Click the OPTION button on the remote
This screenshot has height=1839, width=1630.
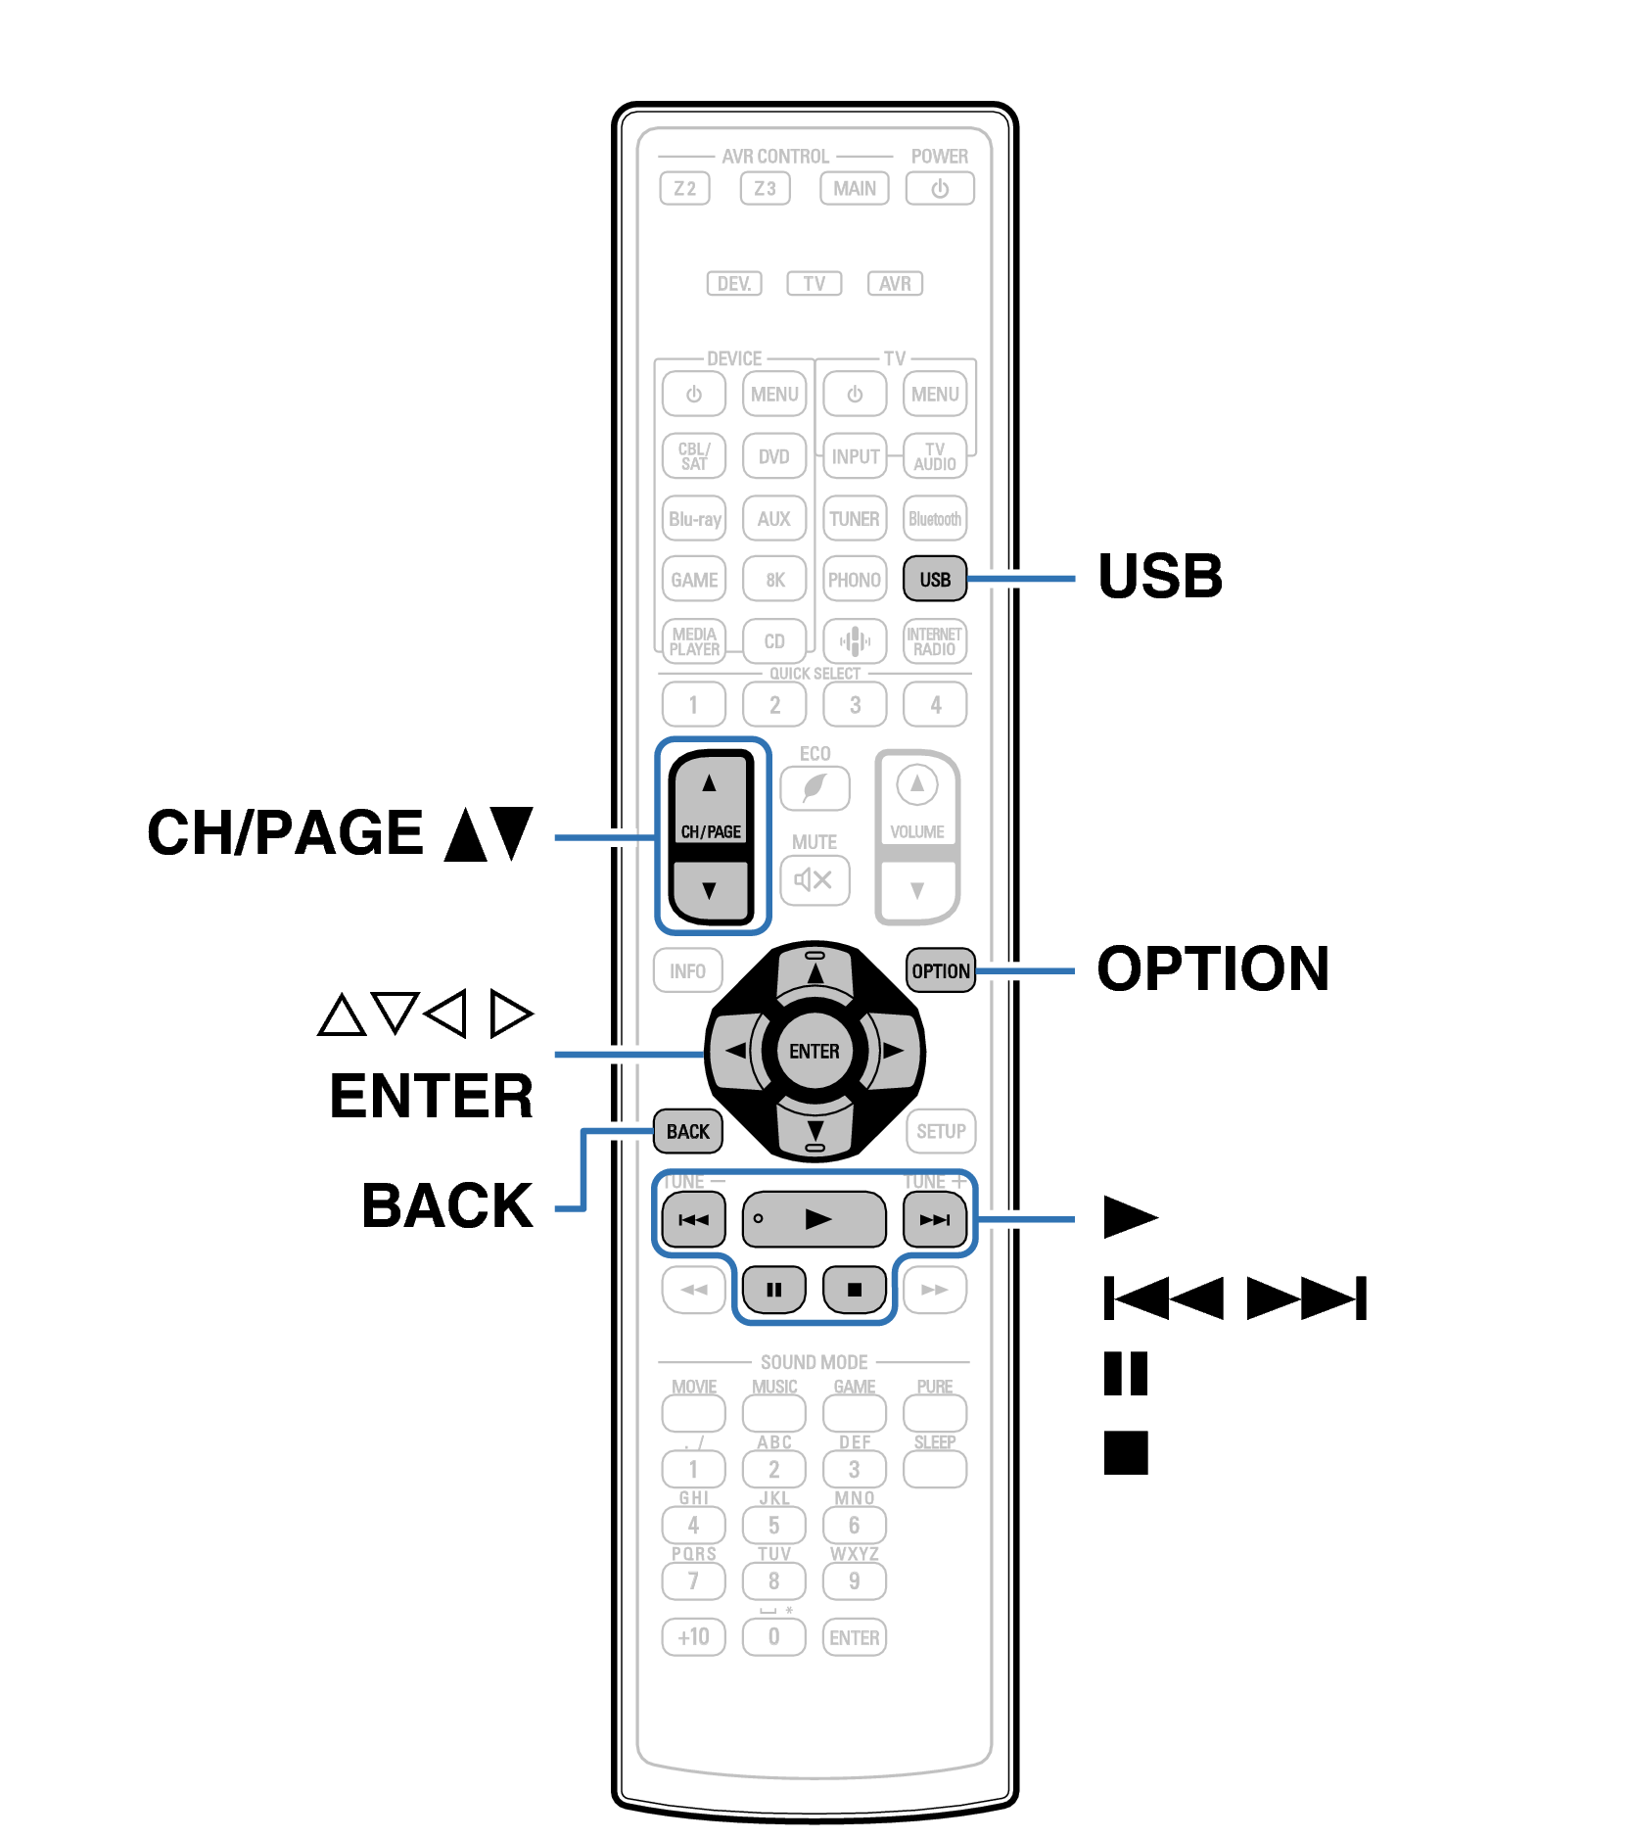tap(940, 970)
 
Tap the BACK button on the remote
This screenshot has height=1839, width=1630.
tap(687, 1131)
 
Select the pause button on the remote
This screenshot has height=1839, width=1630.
tap(773, 1289)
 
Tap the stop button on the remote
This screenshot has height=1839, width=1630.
tap(854, 1289)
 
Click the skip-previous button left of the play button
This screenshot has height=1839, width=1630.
tap(693, 1219)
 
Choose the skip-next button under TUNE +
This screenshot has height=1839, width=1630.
tap(934, 1219)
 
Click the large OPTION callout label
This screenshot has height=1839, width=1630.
tap(1212, 968)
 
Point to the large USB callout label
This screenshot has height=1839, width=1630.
tap(1160, 576)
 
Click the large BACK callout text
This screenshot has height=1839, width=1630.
tap(447, 1205)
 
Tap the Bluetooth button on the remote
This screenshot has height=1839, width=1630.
tap(934, 519)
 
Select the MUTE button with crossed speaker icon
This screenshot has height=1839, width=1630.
tap(815, 879)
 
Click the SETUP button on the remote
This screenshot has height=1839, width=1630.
tap(940, 1131)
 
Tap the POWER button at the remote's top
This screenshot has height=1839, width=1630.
tap(939, 188)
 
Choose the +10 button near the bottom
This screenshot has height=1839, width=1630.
tap(693, 1636)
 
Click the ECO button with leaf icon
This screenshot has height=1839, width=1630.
tap(815, 788)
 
